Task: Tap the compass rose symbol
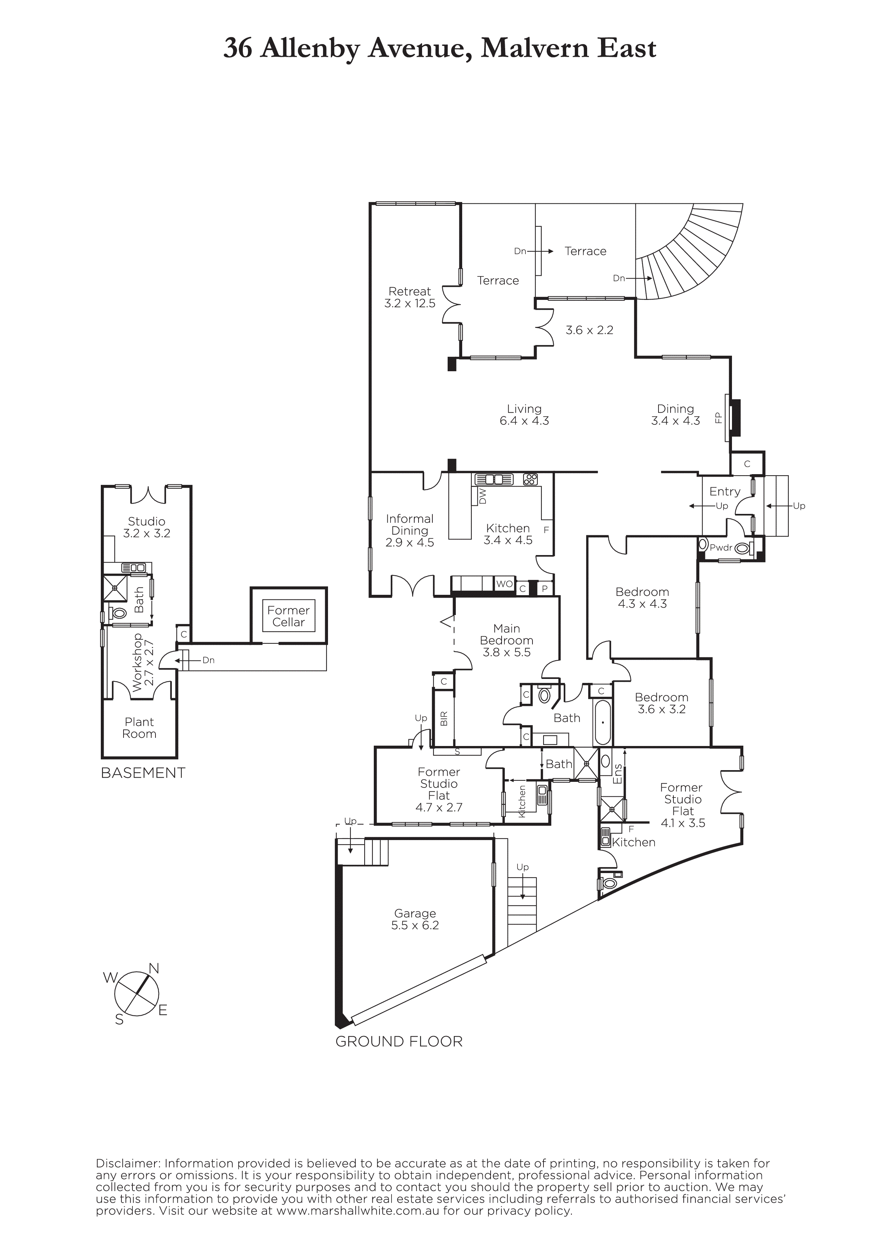point(137,993)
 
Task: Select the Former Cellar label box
point(289,616)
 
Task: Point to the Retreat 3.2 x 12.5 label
point(410,297)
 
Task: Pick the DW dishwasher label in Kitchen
point(482,495)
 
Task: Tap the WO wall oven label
point(504,584)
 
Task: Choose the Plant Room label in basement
point(140,728)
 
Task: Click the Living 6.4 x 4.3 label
point(524,415)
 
